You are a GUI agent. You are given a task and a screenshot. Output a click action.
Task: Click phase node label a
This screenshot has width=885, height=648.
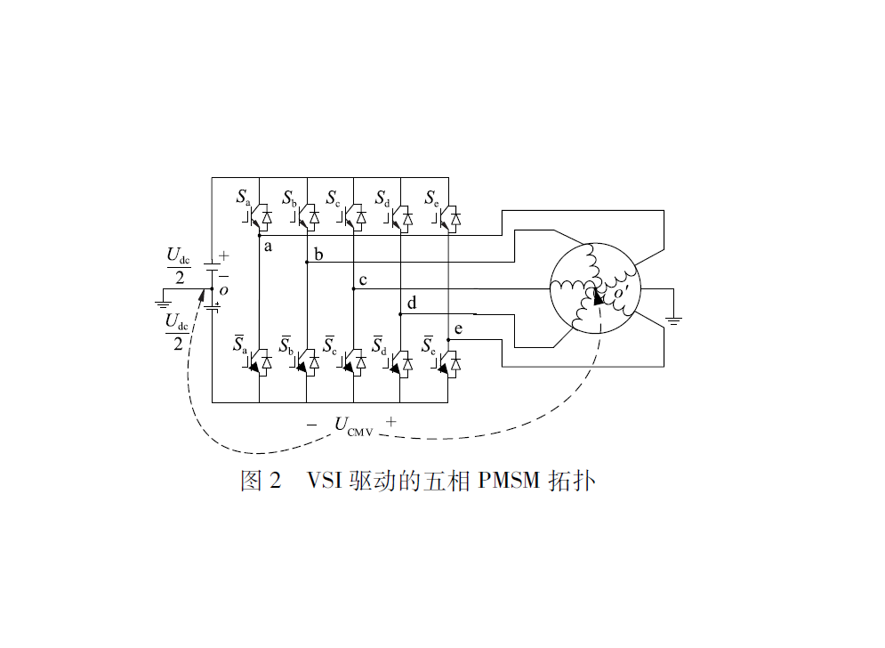pyautogui.click(x=268, y=246)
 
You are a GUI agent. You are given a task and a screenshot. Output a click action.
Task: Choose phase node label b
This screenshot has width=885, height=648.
pyautogui.click(x=318, y=255)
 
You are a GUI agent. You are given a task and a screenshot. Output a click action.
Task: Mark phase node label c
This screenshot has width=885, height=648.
pyautogui.click(x=363, y=280)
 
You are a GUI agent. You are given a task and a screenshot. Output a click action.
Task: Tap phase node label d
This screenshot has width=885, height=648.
pyautogui.click(x=411, y=304)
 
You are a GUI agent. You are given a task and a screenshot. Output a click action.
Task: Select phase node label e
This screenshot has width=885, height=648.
pyautogui.click(x=458, y=329)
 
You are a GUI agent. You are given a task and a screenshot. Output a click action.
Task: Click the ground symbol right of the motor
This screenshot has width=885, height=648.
pyautogui.click(x=674, y=319)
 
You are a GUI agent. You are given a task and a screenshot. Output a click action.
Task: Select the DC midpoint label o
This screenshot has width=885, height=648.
pyautogui.click(x=223, y=290)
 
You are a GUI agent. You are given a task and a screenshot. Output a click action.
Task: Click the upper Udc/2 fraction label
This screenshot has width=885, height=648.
pyautogui.click(x=179, y=266)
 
